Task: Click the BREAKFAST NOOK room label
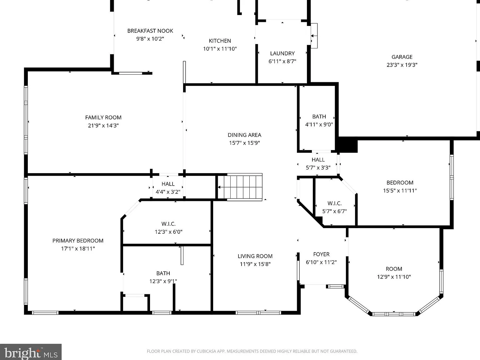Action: pyautogui.click(x=150, y=31)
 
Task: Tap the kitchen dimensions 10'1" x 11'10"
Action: pyautogui.click(x=220, y=49)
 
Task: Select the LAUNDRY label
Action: pyautogui.click(x=282, y=53)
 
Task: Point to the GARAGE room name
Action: pyautogui.click(x=402, y=57)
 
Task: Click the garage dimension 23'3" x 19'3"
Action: pyautogui.click(x=402, y=65)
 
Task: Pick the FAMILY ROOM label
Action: pyautogui.click(x=103, y=117)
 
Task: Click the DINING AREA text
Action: pyautogui.click(x=244, y=135)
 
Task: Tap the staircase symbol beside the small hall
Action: pyautogui.click(x=240, y=187)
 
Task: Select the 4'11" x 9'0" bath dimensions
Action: pyautogui.click(x=319, y=125)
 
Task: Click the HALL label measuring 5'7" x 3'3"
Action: pyautogui.click(x=318, y=160)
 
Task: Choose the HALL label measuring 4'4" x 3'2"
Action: pyautogui.click(x=168, y=184)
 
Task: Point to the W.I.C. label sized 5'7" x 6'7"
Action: pyautogui.click(x=335, y=203)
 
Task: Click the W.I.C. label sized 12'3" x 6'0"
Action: pyautogui.click(x=168, y=224)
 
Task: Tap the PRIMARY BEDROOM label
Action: pyautogui.click(x=78, y=241)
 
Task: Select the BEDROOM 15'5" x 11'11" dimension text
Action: pyautogui.click(x=400, y=191)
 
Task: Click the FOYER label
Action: pyautogui.click(x=321, y=254)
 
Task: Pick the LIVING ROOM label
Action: pyautogui.click(x=255, y=256)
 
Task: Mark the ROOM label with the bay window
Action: pyautogui.click(x=394, y=269)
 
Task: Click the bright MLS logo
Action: pyautogui.click(x=31, y=352)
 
